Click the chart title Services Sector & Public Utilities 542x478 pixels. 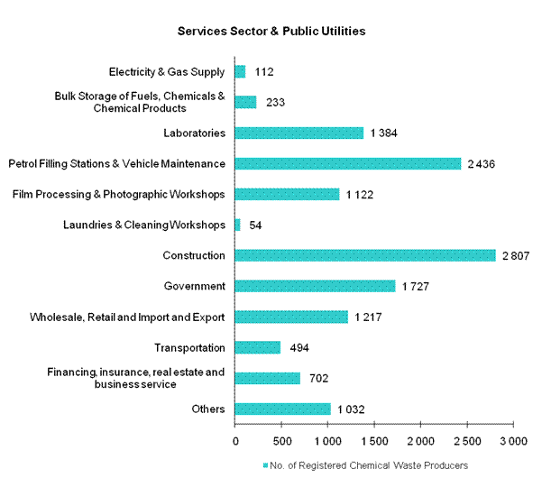271,31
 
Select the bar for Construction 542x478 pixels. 365,255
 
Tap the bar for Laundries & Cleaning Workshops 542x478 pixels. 238,225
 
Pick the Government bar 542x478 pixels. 315,286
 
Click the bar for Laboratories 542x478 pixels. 299,133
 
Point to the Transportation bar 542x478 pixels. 258,347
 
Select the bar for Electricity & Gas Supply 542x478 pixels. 241,71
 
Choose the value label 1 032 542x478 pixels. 353,409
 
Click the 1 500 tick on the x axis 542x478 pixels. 373,441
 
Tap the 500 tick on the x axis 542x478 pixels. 281,441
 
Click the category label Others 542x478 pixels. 208,409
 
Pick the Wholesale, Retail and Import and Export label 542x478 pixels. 127,317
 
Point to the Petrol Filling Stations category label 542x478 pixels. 116,163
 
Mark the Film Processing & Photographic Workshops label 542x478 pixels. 118,194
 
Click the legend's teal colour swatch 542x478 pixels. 264,465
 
